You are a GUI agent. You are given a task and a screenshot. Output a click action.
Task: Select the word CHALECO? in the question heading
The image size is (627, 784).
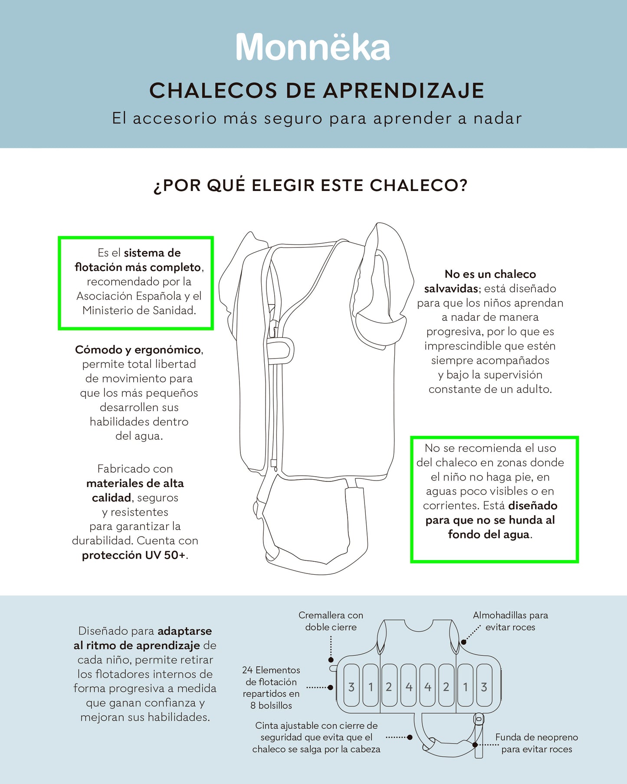click(419, 185)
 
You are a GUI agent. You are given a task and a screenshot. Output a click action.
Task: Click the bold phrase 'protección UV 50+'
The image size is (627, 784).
click(134, 555)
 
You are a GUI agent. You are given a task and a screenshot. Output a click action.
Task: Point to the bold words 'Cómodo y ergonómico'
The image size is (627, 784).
click(138, 350)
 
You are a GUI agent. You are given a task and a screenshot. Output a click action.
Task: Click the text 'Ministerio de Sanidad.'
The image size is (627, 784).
click(139, 310)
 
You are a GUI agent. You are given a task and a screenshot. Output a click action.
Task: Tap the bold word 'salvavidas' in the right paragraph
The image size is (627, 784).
click(451, 289)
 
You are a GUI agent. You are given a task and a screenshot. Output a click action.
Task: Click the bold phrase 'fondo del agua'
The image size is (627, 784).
click(489, 534)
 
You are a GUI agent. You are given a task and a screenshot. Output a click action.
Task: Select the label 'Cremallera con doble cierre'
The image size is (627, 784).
click(331, 621)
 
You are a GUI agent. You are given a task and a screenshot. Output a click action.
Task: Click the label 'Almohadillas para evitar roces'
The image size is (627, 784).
click(510, 621)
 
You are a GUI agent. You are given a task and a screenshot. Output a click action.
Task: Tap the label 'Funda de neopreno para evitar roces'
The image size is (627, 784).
click(536, 743)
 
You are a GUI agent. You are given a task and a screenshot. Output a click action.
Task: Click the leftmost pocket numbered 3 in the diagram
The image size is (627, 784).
click(351, 687)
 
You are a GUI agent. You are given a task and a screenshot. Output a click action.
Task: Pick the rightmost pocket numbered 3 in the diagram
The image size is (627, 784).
click(484, 687)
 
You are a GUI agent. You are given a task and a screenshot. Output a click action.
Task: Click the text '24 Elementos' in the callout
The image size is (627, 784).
click(271, 670)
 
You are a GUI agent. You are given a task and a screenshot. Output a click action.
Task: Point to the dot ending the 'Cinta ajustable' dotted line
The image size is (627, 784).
click(410, 737)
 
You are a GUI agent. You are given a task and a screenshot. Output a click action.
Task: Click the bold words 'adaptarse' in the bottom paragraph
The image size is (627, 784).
click(184, 631)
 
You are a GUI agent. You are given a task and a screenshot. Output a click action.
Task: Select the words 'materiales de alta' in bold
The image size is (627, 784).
click(135, 484)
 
